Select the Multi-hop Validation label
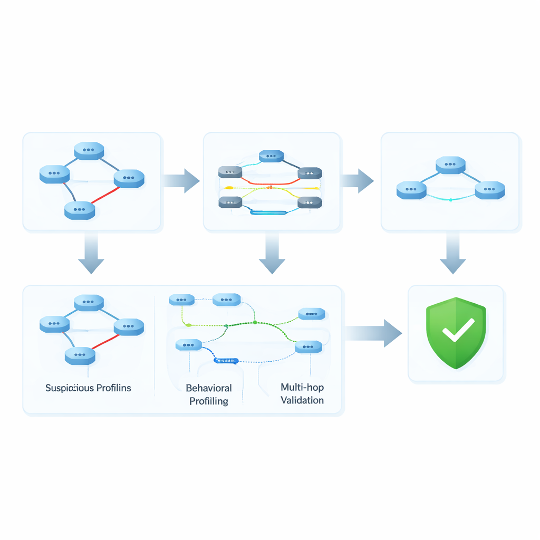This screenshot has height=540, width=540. point(302,394)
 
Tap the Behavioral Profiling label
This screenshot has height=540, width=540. point(209,394)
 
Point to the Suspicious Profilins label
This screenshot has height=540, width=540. point(88,388)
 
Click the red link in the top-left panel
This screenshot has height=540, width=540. point(104,195)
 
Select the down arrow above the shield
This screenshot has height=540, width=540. point(453,253)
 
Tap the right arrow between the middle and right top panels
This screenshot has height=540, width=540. point(357,181)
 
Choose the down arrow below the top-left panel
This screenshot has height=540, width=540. point(91,253)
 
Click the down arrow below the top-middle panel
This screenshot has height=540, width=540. point(272,253)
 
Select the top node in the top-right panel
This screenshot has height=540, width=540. point(450,165)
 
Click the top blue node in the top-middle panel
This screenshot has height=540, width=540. point(272,156)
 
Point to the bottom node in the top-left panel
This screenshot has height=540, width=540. point(80,210)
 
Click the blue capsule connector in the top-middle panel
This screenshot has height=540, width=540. point(268,213)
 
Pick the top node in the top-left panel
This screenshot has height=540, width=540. point(89,151)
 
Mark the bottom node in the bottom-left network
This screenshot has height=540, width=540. point(80,356)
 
